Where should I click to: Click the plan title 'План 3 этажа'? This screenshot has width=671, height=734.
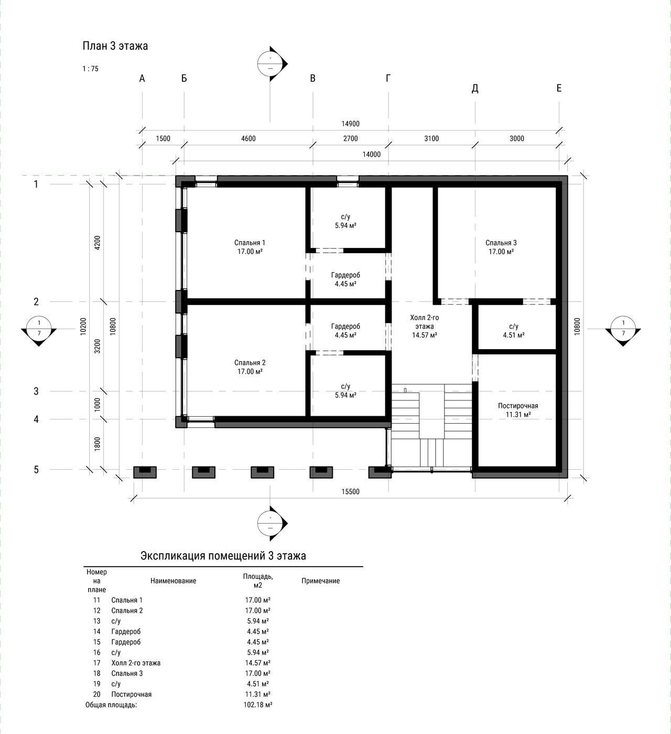pyautogui.click(x=115, y=46)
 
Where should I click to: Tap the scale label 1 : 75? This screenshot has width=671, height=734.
pyautogui.click(x=90, y=69)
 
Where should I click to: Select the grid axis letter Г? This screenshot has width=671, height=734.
pyautogui.click(x=388, y=78)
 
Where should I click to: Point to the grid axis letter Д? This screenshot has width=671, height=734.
pyautogui.click(x=475, y=88)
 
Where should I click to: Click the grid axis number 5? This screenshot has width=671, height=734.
pyautogui.click(x=36, y=469)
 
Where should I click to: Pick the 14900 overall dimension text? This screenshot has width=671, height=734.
pyautogui.click(x=351, y=124)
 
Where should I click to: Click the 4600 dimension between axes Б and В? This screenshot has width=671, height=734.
pyautogui.click(x=248, y=138)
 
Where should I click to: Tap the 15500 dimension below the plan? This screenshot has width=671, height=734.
pyautogui.click(x=351, y=491)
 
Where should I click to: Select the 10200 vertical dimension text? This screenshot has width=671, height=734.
pyautogui.click(x=83, y=326)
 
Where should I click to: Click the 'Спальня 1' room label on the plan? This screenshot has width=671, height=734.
pyautogui.click(x=250, y=243)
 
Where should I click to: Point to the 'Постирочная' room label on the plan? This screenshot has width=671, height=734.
pyautogui.click(x=518, y=406)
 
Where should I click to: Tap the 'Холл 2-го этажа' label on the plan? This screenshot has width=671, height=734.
pyautogui.click(x=425, y=321)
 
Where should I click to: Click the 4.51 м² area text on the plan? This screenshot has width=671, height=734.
pyautogui.click(x=514, y=335)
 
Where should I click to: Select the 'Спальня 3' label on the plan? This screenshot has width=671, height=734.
pyautogui.click(x=501, y=243)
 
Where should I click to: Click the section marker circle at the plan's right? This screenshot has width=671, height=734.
pyautogui.click(x=623, y=328)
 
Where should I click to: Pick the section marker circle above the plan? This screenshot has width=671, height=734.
pyautogui.click(x=270, y=63)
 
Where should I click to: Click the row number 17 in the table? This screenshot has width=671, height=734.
pyautogui.click(x=96, y=663)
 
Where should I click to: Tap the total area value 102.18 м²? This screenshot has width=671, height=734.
pyautogui.click(x=258, y=705)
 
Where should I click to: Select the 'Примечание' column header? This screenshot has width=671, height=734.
pyautogui.click(x=320, y=581)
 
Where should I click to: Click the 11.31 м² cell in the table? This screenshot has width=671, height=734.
pyautogui.click(x=258, y=694)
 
